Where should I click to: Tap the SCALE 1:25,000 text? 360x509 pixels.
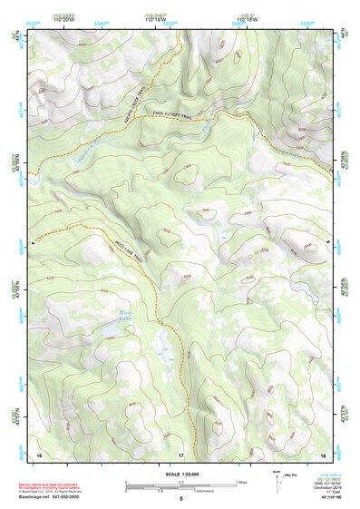click(180, 474)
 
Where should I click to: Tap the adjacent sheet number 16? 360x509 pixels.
click(39, 453)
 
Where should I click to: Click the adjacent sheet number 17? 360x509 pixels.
click(180, 453)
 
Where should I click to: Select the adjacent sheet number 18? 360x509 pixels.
click(322, 453)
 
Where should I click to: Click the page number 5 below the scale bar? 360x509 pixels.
click(180, 499)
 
